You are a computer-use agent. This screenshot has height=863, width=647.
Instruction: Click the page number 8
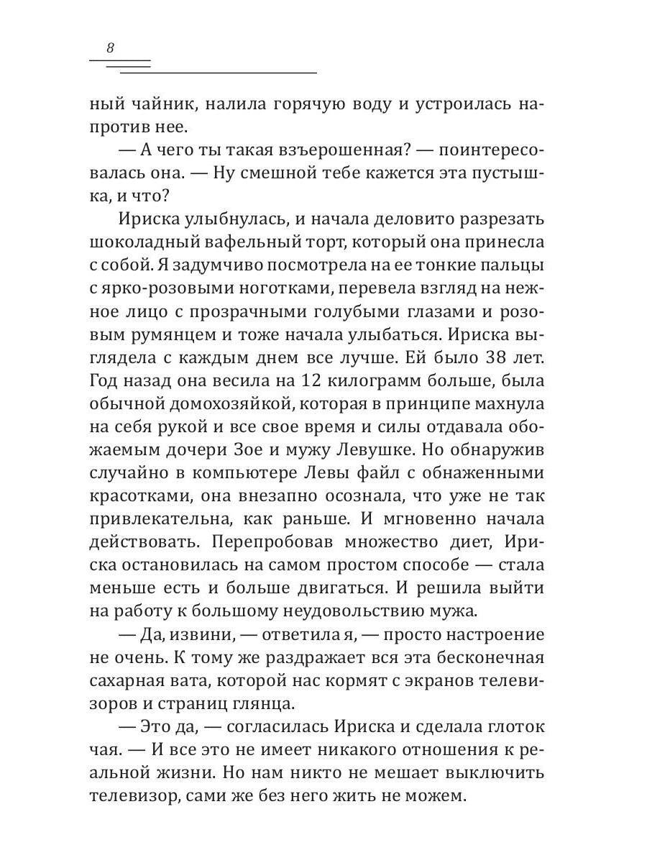click(x=110, y=48)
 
